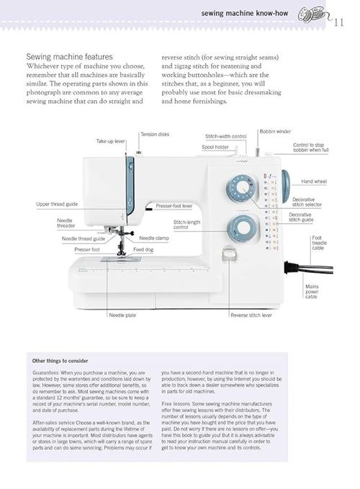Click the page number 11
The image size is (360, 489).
click(338, 22)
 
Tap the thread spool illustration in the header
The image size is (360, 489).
click(312, 15)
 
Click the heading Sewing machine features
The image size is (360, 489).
click(70, 57)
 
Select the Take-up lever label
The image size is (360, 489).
click(110, 141)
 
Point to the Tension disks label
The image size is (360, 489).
click(155, 135)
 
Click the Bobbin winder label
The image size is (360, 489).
click(275, 132)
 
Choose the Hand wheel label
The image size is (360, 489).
click(314, 181)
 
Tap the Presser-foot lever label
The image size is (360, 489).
click(174, 206)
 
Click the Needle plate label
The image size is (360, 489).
click(122, 315)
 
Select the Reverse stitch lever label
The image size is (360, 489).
click(251, 315)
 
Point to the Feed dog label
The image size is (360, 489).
click(143, 249)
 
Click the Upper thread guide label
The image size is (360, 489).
click(57, 205)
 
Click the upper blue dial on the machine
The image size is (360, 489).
click(242, 189)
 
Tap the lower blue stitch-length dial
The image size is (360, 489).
click(242, 229)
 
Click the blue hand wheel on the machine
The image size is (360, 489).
click(285, 184)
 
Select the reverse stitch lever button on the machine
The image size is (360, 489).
click(229, 255)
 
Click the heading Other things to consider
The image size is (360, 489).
click(60, 361)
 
